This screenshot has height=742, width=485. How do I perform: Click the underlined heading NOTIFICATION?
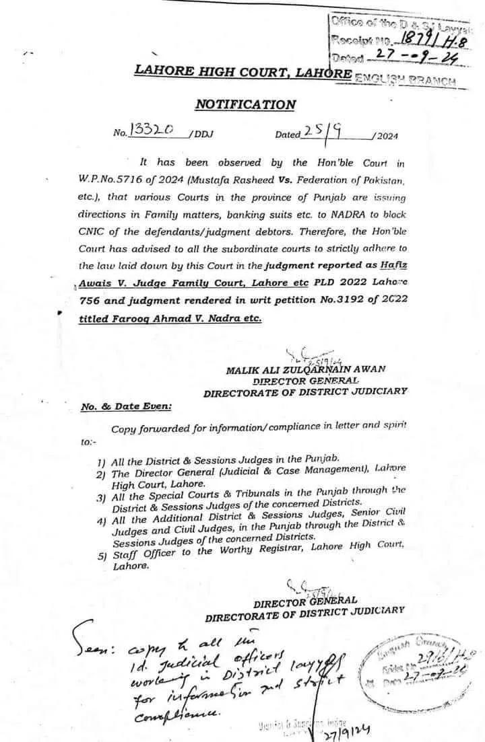pos(245,104)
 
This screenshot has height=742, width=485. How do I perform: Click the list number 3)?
pos(101,498)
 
